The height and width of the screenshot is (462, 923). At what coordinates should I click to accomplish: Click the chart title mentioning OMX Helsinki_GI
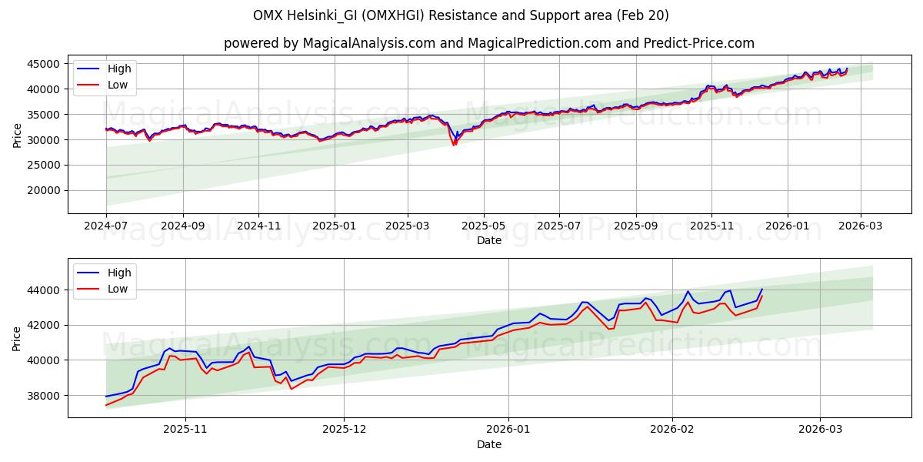(x=461, y=15)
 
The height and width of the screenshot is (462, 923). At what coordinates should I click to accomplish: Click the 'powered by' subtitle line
(x=488, y=43)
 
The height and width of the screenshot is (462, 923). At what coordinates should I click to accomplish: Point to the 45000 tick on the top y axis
(x=45, y=64)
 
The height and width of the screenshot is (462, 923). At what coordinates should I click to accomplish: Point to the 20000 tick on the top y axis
(x=45, y=190)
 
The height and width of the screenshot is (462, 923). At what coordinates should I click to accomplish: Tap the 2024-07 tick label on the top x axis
(x=106, y=227)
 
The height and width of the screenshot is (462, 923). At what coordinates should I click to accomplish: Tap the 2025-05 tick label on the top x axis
(x=484, y=227)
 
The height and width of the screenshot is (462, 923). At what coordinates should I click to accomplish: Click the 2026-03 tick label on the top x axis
(x=860, y=227)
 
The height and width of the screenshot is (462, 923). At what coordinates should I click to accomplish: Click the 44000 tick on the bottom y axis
(x=45, y=290)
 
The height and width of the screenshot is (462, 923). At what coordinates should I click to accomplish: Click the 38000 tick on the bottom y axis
(x=45, y=396)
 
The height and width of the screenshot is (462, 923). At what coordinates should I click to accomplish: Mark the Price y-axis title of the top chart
(x=17, y=135)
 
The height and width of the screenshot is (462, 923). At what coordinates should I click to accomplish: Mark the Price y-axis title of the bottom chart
(x=17, y=338)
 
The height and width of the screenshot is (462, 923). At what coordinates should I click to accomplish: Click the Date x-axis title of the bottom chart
(x=488, y=444)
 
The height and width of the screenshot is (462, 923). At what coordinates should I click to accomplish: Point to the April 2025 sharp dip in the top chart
(x=455, y=143)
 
